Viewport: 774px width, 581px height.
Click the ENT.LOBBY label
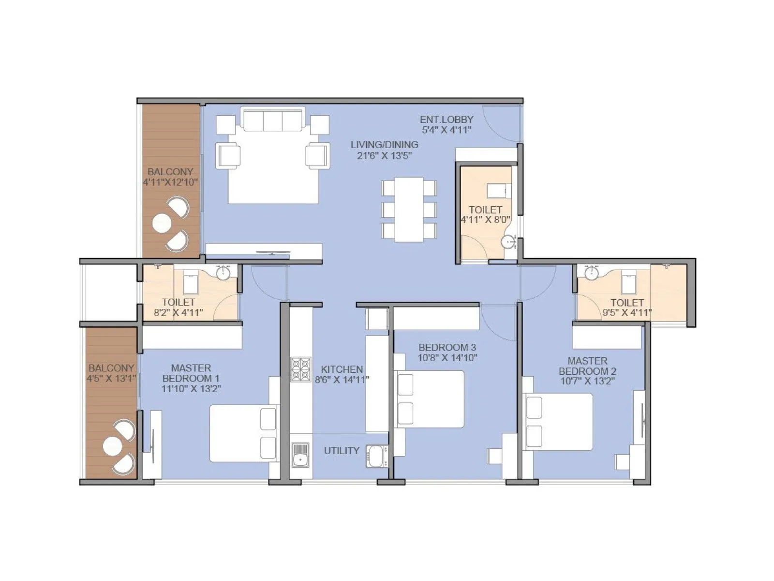pyautogui.click(x=446, y=119)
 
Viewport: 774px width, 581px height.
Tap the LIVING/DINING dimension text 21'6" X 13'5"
pyautogui.click(x=385, y=155)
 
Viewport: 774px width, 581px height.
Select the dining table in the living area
pyautogui.click(x=409, y=209)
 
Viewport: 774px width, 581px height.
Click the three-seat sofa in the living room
pyautogui.click(x=273, y=119)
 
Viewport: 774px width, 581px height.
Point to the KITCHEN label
pyautogui.click(x=342, y=369)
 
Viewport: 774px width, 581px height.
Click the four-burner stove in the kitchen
pyautogui.click(x=300, y=369)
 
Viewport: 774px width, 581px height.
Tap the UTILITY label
pyautogui.click(x=342, y=451)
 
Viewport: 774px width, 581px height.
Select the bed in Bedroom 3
pyautogui.click(x=430, y=399)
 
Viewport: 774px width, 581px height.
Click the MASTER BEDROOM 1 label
pyautogui.click(x=191, y=373)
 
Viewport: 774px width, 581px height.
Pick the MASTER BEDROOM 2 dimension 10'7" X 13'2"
pyautogui.click(x=587, y=381)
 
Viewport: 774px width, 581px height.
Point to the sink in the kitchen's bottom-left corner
pyautogui.click(x=300, y=455)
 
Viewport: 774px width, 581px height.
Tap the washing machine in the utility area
pyautogui.click(x=375, y=456)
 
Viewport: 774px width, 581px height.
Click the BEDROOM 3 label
pyautogui.click(x=447, y=347)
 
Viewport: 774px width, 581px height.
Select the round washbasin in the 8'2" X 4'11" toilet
pyautogui.click(x=223, y=273)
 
